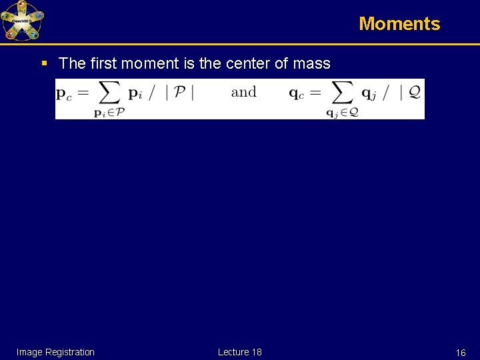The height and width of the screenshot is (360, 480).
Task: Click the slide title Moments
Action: [399, 24]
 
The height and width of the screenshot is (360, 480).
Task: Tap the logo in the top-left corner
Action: [22, 21]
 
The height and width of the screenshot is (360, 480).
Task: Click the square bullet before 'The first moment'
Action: [44, 64]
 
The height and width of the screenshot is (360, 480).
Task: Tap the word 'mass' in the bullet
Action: [311, 63]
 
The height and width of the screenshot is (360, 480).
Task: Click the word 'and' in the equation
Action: [243, 92]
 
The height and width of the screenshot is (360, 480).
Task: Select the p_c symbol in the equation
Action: [65, 94]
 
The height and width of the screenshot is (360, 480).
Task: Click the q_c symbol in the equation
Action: [297, 94]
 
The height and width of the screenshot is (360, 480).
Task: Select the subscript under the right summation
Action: [341, 113]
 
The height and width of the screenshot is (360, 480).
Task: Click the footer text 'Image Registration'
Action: [55, 352]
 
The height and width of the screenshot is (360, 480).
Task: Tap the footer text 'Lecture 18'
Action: [239, 352]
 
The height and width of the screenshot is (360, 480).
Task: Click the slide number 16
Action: [460, 353]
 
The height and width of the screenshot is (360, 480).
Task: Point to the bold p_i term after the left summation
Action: [135, 94]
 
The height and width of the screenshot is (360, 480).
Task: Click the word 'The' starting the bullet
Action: [71, 63]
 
